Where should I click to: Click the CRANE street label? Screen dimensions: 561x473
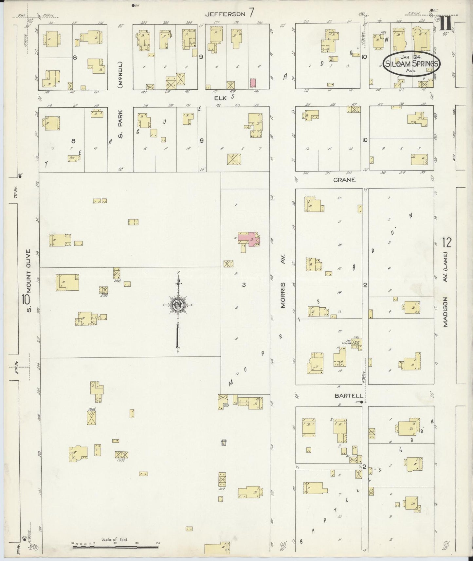tap(344, 180)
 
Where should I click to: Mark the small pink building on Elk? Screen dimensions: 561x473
tap(253, 82)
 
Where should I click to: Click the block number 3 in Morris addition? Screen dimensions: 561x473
tap(244, 285)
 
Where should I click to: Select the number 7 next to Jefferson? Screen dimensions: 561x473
tap(251, 13)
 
